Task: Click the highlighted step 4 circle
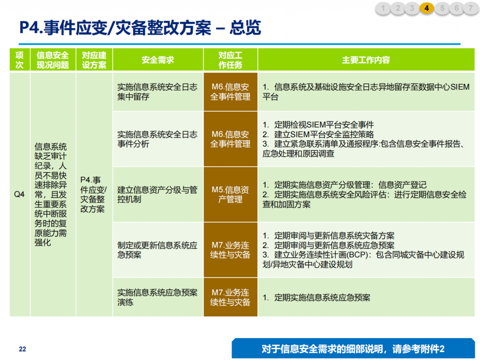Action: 427,8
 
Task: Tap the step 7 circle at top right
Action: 471,8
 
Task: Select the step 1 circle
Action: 382,8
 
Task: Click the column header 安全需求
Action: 158,60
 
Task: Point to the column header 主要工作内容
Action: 366,60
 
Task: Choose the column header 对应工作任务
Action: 231,60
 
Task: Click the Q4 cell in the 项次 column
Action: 19,195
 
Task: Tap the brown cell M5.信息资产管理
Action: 231,195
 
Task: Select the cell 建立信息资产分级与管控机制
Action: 158,195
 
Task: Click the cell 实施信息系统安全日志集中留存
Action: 158,92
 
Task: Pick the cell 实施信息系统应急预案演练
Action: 158,297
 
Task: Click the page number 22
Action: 22,349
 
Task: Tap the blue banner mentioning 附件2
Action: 353,349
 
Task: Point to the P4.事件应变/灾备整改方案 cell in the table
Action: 94,195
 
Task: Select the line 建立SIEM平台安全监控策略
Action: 318,135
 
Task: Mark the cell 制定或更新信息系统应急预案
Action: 158,250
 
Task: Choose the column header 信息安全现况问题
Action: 52,60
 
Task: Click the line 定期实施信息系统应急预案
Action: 316,298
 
